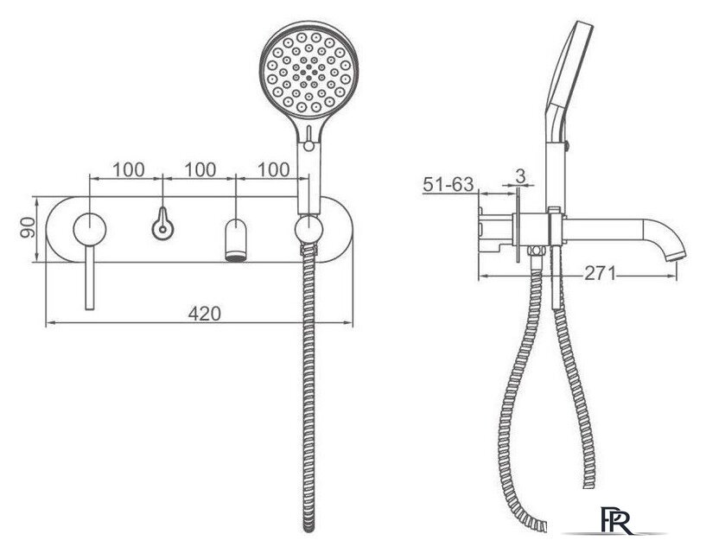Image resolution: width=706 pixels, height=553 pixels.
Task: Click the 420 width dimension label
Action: [x=205, y=314]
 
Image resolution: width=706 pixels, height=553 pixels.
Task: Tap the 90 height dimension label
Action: [x=28, y=227]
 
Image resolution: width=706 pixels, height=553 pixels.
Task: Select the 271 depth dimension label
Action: [x=601, y=273]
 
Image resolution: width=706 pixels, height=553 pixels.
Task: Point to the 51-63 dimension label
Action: [x=448, y=184]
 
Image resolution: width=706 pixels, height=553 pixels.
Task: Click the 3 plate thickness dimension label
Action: [x=520, y=176]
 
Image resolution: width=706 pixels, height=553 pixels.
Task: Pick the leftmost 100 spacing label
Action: [x=128, y=170]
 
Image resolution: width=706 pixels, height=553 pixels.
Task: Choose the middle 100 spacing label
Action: [x=200, y=170]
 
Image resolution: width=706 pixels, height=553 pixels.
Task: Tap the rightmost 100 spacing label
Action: [x=273, y=170]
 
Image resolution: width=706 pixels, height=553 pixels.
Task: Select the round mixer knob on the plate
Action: [x=90, y=229]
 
